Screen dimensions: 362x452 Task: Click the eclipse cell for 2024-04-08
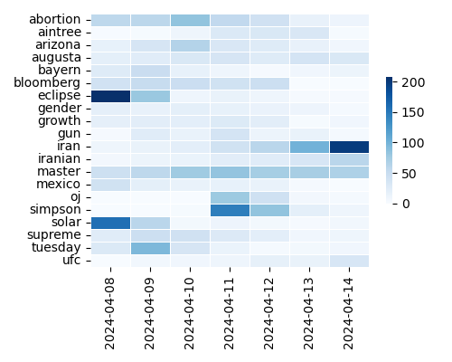110,95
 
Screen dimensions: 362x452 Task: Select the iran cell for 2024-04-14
349,146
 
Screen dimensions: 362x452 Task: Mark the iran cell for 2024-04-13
309,146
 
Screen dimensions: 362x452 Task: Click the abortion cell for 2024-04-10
190,19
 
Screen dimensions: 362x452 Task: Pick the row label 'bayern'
61,70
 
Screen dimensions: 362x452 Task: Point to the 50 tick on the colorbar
410,173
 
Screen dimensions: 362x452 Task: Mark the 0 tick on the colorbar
406,204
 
